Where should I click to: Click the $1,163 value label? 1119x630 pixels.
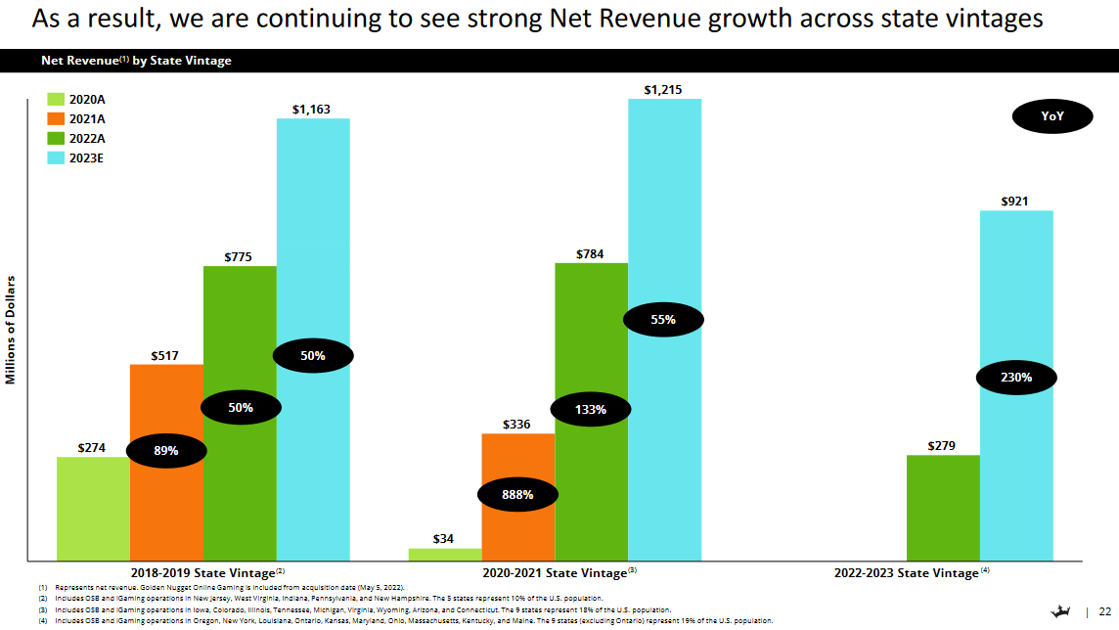pyautogui.click(x=312, y=110)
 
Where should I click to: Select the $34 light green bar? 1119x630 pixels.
pyautogui.click(x=444, y=554)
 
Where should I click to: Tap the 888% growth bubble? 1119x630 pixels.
pyautogui.click(x=517, y=495)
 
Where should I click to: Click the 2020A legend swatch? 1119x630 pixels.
pyautogui.click(x=54, y=100)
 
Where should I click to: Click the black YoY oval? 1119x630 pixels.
pyautogui.click(x=1052, y=116)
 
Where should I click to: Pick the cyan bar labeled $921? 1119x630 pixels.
pyautogui.click(x=1016, y=293)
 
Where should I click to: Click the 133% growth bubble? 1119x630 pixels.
pyautogui.click(x=591, y=410)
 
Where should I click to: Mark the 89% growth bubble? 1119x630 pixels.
pyautogui.click(x=166, y=451)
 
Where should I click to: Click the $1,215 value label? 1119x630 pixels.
pyautogui.click(x=663, y=90)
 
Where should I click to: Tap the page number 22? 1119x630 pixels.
pyautogui.click(x=1104, y=610)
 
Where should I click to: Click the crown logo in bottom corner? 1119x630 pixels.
pyautogui.click(x=1059, y=610)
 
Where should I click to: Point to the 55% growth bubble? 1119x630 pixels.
pyautogui.click(x=663, y=320)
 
